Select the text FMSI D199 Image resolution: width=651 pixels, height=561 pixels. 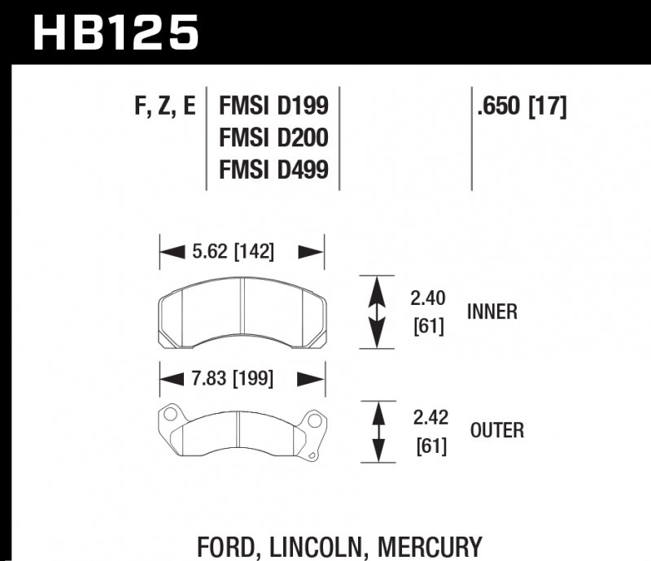point(273,107)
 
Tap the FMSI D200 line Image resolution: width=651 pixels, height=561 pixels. point(273,138)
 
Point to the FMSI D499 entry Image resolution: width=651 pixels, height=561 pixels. point(273,170)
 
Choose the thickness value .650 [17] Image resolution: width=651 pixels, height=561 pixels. point(522,107)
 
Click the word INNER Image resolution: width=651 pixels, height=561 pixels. point(492,311)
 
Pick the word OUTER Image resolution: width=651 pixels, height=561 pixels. point(496,430)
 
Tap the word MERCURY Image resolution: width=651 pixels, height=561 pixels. point(428,546)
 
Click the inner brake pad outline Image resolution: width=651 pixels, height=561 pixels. point(242,313)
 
